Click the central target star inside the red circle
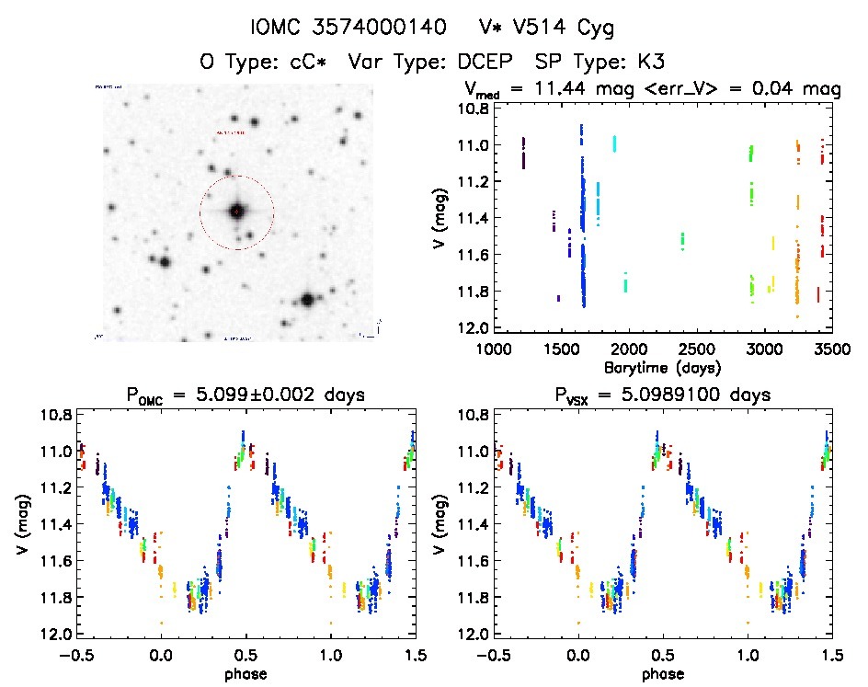click(x=236, y=212)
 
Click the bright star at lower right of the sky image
click(x=306, y=300)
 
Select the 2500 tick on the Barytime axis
click(x=696, y=349)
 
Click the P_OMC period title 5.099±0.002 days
click(x=245, y=395)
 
